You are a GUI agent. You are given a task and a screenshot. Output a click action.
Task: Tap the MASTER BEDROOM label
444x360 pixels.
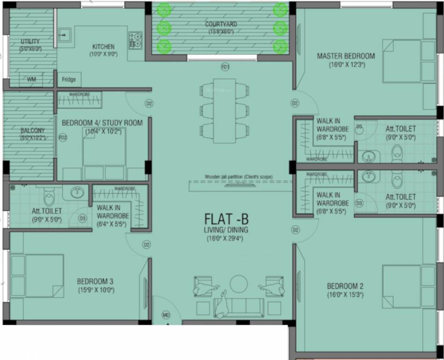pyautogui.click(x=346, y=56)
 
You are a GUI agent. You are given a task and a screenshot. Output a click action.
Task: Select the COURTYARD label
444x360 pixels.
pyautogui.click(x=221, y=24)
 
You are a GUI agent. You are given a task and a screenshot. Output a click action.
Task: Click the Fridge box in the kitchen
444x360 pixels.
pyautogui.click(x=69, y=80)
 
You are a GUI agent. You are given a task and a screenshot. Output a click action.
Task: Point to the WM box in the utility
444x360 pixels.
pyautogui.click(x=31, y=80)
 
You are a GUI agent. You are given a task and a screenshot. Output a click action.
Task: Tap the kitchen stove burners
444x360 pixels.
pyautogui.click(x=136, y=39)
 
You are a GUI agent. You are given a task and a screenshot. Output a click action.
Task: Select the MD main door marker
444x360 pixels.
pyautogui.click(x=166, y=315)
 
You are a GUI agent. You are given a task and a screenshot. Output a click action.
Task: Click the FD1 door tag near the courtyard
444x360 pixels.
pyautogui.click(x=225, y=67)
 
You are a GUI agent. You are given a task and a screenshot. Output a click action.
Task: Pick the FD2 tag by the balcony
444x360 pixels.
pyautogui.click(x=63, y=137)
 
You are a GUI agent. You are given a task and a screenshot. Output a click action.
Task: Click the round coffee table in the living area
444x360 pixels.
pyautogui.click(x=239, y=284)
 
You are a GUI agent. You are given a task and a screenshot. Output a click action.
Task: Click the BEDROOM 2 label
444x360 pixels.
pyautogui.click(x=345, y=286)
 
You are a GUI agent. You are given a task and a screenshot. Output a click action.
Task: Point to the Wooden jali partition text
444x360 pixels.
pyautogui.click(x=238, y=177)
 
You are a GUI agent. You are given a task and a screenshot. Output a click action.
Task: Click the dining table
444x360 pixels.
pyautogui.click(x=224, y=111)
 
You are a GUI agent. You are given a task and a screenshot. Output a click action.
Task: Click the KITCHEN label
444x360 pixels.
pyautogui.click(x=103, y=47)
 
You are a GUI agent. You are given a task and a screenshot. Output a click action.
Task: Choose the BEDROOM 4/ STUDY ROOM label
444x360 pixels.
pyautogui.click(x=102, y=123)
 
